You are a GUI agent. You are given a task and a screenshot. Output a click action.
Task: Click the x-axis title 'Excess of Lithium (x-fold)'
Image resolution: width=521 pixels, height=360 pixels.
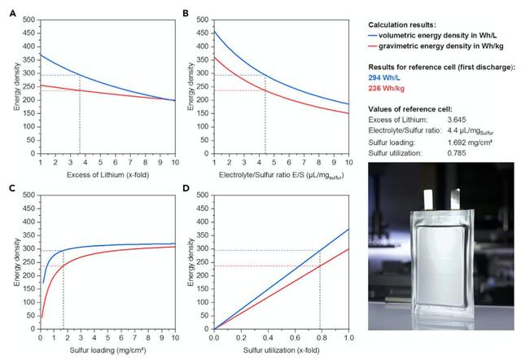(108, 176)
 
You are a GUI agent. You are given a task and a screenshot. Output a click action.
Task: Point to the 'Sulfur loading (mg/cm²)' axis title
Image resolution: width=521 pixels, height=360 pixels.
(108, 353)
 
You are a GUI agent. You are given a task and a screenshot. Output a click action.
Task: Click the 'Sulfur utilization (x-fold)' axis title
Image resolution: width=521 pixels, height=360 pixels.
(281, 353)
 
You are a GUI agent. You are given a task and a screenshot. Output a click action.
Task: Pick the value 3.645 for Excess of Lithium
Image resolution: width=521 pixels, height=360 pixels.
(462, 120)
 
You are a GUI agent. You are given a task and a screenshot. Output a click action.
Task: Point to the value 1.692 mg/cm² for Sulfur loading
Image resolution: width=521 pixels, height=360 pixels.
(478, 142)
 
